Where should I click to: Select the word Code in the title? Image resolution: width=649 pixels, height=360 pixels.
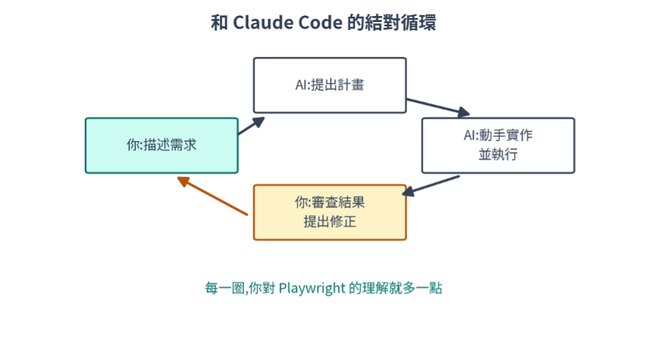point(320,23)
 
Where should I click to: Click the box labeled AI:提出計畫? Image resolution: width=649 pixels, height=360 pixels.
point(330,85)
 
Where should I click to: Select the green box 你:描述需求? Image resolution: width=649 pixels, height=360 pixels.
point(162,145)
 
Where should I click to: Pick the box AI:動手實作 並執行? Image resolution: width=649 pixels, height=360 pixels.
point(499,145)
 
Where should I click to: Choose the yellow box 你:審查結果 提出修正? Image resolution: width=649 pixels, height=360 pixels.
point(330,212)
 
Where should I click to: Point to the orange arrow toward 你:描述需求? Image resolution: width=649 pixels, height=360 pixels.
point(212,196)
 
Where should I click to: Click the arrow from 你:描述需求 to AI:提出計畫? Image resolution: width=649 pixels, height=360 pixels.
point(251,126)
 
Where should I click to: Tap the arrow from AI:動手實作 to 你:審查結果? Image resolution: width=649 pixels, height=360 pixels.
point(431,185)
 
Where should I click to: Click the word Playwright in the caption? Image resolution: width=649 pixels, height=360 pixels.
point(312,288)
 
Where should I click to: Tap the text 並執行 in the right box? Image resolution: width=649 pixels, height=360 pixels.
point(499,154)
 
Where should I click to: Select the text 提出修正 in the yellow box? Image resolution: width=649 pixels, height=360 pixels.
point(330,221)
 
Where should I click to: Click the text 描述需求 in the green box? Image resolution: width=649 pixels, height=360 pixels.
point(170,145)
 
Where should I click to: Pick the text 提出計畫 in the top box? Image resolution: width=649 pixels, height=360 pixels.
point(338,85)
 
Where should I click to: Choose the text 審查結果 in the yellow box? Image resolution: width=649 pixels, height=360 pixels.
point(338,202)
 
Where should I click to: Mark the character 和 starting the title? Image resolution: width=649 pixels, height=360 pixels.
point(219,23)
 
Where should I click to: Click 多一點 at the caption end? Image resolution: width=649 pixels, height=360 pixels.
point(423,288)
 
